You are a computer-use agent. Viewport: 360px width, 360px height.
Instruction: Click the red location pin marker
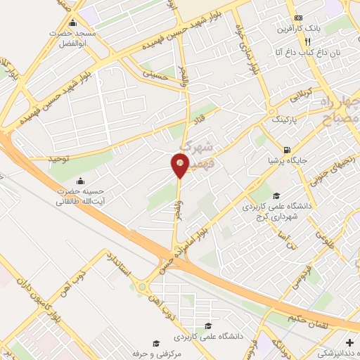coord(180,165)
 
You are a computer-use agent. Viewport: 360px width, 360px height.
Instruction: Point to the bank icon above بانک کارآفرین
coord(299,18)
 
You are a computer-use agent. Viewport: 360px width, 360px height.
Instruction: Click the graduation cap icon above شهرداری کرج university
coord(276,196)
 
